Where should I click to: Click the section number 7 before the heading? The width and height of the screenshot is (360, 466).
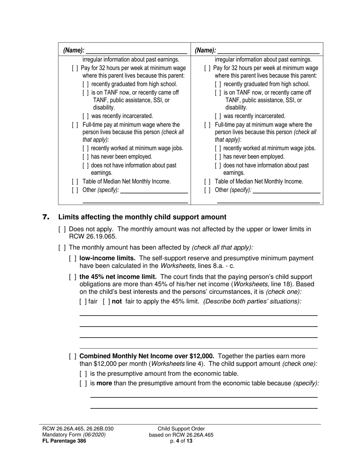(x=46, y=217)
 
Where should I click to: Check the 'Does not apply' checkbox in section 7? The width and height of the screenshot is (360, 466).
(x=62, y=229)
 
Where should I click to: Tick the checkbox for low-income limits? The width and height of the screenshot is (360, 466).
(x=73, y=258)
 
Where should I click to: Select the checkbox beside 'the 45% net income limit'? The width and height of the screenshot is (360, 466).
(x=73, y=277)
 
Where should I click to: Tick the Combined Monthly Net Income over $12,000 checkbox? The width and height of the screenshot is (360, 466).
(x=73, y=357)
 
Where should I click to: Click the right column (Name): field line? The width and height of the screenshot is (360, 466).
(x=268, y=51)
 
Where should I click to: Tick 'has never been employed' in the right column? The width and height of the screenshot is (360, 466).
(x=218, y=157)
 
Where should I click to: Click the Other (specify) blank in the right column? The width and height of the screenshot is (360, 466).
(x=286, y=191)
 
